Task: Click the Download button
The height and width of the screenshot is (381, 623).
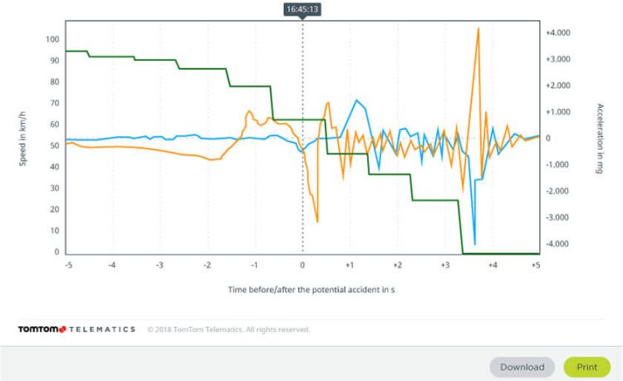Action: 522,367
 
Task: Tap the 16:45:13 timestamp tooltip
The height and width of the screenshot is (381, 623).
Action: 302,9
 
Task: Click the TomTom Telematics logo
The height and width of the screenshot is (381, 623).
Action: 76,329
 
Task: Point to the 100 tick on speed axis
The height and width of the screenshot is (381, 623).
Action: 52,39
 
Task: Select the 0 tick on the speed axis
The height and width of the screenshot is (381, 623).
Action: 56,252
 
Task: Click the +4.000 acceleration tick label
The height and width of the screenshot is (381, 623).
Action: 556,32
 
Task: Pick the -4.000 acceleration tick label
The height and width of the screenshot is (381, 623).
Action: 556,244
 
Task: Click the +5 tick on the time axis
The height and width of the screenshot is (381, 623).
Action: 536,265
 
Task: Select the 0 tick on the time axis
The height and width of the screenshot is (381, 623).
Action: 302,265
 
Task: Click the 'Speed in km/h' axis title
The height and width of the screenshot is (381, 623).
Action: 24,138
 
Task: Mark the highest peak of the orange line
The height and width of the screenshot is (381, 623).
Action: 478,28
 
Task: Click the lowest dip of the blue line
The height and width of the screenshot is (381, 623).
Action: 474,245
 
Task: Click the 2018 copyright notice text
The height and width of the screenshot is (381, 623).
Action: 228,329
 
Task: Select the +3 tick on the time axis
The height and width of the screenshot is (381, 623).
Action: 444,265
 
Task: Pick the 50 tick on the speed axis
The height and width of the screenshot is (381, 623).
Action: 53,146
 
